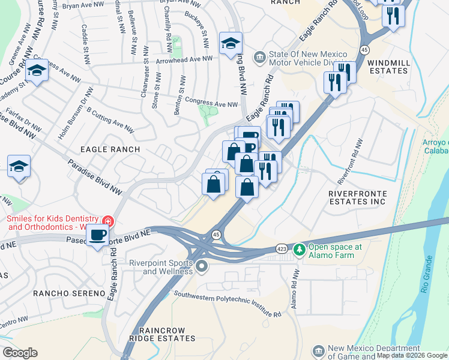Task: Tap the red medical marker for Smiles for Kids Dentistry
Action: (x=108, y=221)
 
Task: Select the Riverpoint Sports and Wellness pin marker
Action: (x=202, y=266)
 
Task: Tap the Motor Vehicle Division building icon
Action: (x=259, y=57)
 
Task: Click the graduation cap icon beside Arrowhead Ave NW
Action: (x=231, y=44)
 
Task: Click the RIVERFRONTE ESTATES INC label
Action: (x=358, y=199)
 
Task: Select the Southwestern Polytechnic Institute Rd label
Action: (x=228, y=304)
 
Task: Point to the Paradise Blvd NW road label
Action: (x=95, y=177)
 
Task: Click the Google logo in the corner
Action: (x=20, y=353)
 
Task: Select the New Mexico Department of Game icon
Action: (x=319, y=350)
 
